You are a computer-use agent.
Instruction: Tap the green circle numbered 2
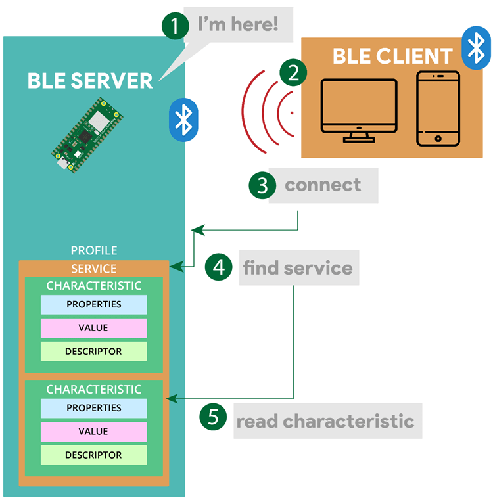point(293,73)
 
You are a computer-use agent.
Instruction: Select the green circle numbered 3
point(262,185)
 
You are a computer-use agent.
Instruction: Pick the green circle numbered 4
point(219,268)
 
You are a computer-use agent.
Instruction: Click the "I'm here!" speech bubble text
point(238,26)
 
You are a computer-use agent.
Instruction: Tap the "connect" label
point(323,185)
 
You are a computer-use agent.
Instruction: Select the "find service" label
point(298,268)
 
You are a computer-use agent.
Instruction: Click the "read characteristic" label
point(325,420)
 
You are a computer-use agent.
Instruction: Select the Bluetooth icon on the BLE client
point(476,47)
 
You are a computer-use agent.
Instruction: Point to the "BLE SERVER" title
point(90,80)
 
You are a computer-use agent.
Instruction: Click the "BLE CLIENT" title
point(392,56)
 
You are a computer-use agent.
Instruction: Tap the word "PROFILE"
point(94,250)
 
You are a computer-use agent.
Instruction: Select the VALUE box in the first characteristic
point(93,328)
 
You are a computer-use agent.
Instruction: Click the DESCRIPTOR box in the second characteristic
point(93,455)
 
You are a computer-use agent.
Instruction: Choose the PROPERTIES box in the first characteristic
point(93,304)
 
